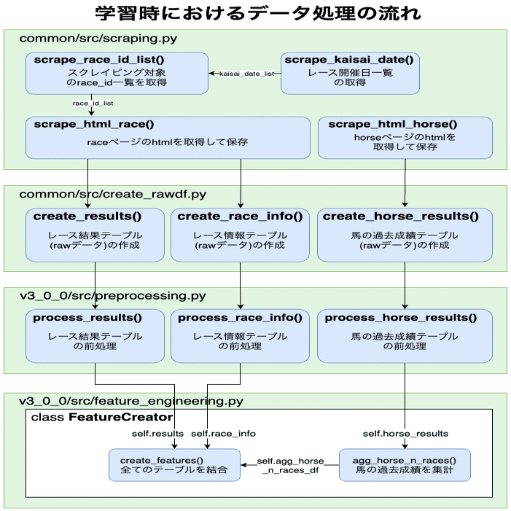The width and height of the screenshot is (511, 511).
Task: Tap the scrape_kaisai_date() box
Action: [x=350, y=73]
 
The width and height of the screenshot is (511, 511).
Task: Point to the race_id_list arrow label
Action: [x=93, y=104]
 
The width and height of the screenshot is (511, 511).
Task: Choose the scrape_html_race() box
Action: [x=167, y=138]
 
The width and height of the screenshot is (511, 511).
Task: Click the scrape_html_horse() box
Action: [x=405, y=138]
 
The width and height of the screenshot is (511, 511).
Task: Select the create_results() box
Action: [x=95, y=235]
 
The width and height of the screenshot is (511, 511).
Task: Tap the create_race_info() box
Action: [x=240, y=235]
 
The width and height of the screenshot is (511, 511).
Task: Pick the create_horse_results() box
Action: [x=405, y=235]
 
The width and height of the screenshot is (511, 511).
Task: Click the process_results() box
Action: [x=95, y=335]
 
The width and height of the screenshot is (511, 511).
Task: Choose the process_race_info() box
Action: [x=240, y=335]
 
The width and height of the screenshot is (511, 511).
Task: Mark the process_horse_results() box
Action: [x=405, y=335]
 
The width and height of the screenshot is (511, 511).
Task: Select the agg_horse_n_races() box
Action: [x=405, y=464]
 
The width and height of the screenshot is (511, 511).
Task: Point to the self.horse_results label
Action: [x=405, y=434]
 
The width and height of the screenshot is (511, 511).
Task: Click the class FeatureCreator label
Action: [x=101, y=418]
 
